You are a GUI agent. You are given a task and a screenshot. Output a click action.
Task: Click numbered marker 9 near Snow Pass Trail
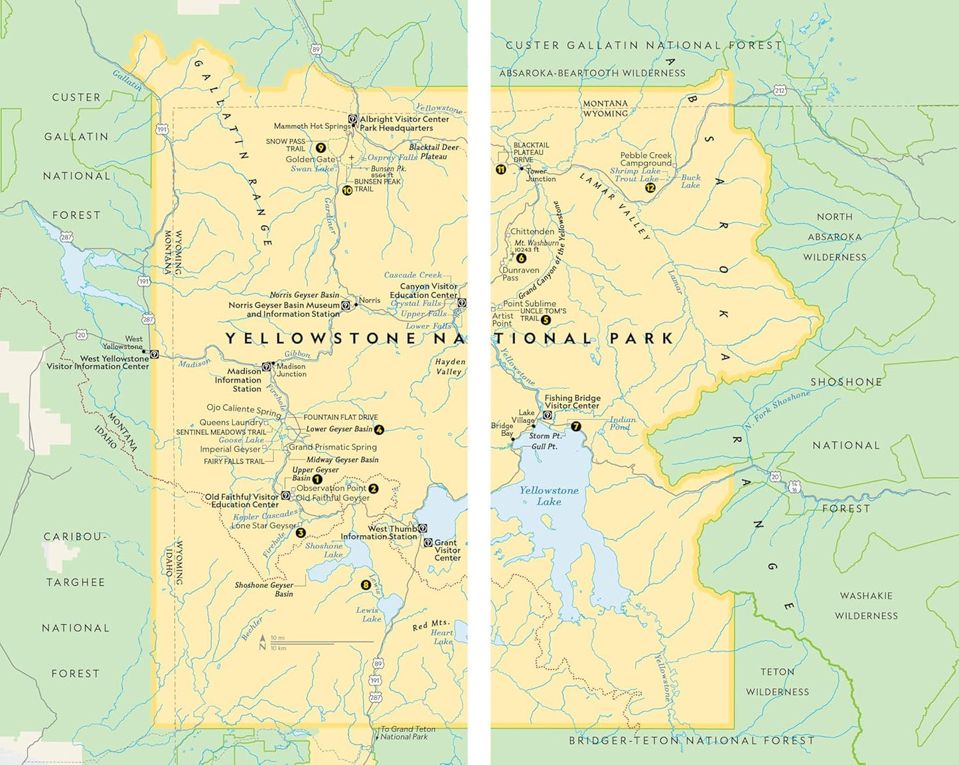[x=321, y=148]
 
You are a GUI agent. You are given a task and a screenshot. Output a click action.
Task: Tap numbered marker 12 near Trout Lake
[x=650, y=188]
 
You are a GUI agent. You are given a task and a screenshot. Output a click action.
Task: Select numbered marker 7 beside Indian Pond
[x=575, y=426]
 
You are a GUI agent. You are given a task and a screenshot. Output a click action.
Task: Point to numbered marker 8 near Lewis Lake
[x=366, y=585]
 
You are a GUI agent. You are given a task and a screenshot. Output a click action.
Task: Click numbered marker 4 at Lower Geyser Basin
[x=379, y=430]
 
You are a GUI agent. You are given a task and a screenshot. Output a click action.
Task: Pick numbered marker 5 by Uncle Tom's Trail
[x=546, y=320]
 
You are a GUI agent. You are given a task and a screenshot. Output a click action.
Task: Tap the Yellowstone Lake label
[x=549, y=496]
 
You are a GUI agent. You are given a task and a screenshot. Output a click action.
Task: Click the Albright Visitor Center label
[x=404, y=120]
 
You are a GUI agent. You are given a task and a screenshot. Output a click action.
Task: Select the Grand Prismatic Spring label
[x=332, y=447]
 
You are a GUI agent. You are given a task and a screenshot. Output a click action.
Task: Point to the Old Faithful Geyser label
[x=332, y=497]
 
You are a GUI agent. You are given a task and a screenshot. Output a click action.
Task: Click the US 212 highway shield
[x=780, y=90]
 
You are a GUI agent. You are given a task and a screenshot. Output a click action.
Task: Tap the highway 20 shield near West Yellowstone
[x=81, y=335]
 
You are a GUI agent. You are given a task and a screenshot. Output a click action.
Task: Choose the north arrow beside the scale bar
[x=263, y=642]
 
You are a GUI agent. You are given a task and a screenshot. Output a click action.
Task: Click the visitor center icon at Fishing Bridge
[x=548, y=415]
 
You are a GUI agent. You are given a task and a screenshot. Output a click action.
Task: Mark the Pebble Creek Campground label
[x=646, y=159]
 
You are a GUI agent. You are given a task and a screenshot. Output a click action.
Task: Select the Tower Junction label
[x=541, y=175]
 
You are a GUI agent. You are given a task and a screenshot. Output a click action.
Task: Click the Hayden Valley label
[x=450, y=367]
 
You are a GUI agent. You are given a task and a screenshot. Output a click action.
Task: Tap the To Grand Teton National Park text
[x=407, y=732]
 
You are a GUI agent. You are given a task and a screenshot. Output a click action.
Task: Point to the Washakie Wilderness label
[x=866, y=606]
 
